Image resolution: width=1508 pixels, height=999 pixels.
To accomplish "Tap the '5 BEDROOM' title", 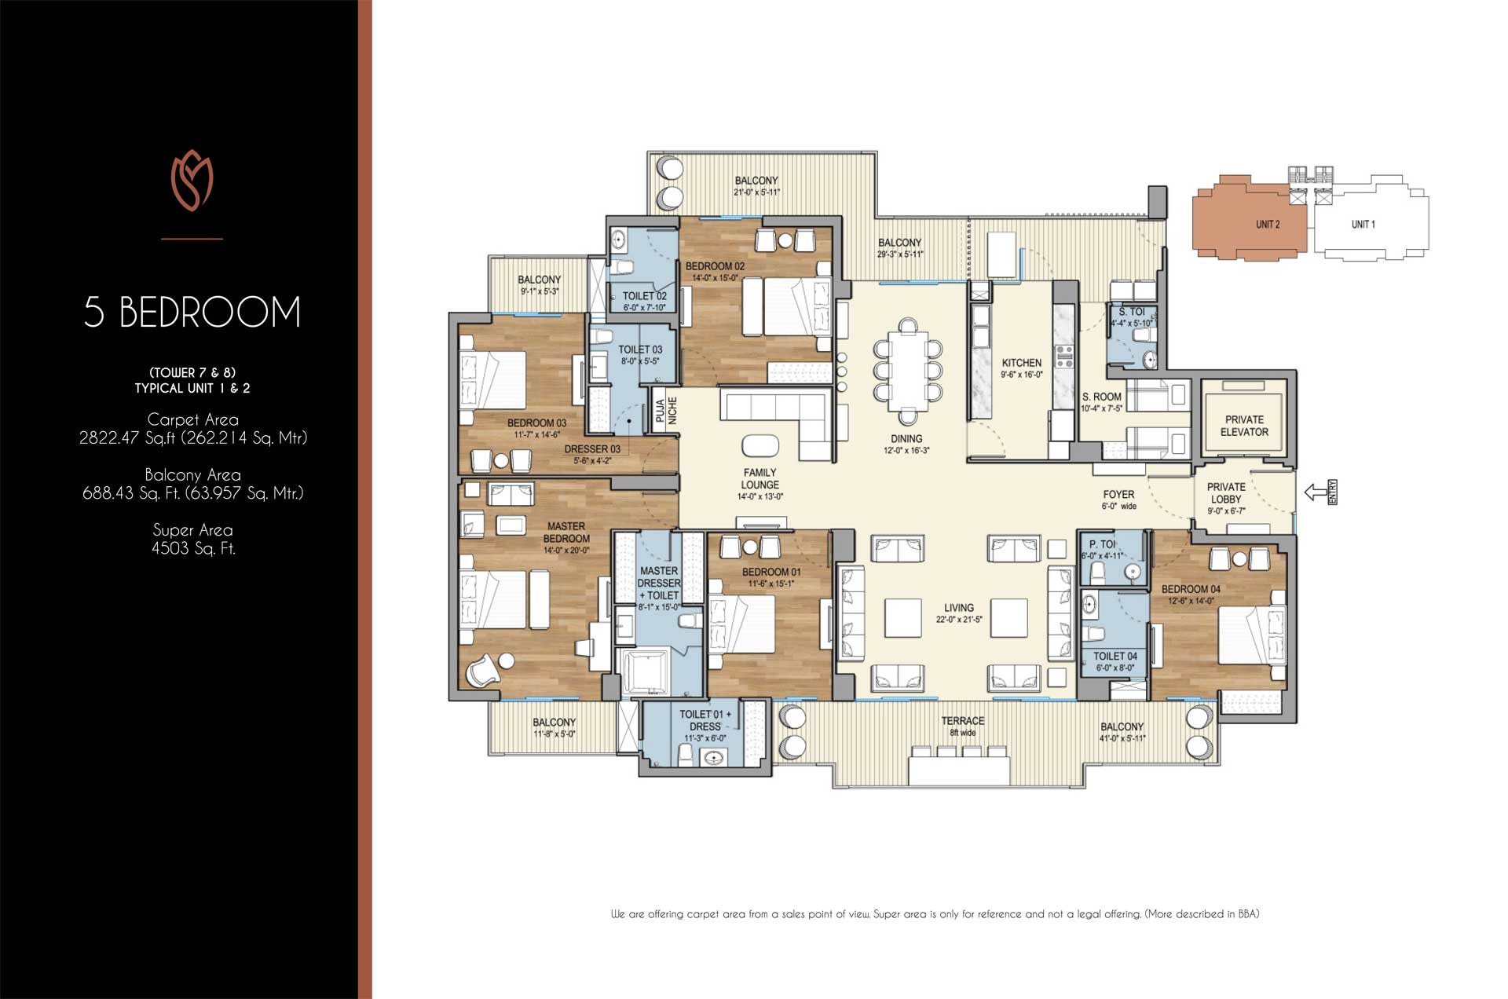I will tap(192, 312).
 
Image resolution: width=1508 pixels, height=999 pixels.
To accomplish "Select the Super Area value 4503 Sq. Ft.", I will tap(193, 548).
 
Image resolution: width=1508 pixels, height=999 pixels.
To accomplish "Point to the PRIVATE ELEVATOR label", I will tap(1244, 426).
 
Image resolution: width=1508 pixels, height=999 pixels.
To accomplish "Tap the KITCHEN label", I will tap(1021, 363).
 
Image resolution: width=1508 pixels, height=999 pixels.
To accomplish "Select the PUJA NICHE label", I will tap(666, 411).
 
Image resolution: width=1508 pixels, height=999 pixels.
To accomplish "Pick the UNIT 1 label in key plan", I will tap(1363, 225).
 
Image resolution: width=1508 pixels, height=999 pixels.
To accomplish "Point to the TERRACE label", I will tap(962, 720).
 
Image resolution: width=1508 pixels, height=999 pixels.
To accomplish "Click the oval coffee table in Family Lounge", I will tap(759, 445).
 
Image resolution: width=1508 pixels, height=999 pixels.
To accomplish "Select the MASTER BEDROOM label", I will tap(565, 532).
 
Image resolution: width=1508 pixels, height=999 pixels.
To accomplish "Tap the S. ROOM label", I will tap(1101, 397).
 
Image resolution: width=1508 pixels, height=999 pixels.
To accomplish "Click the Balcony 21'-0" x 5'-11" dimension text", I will tap(756, 192).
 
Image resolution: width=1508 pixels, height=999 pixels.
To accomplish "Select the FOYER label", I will tap(1118, 494).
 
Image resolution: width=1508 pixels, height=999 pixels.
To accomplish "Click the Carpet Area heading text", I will tap(192, 419).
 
